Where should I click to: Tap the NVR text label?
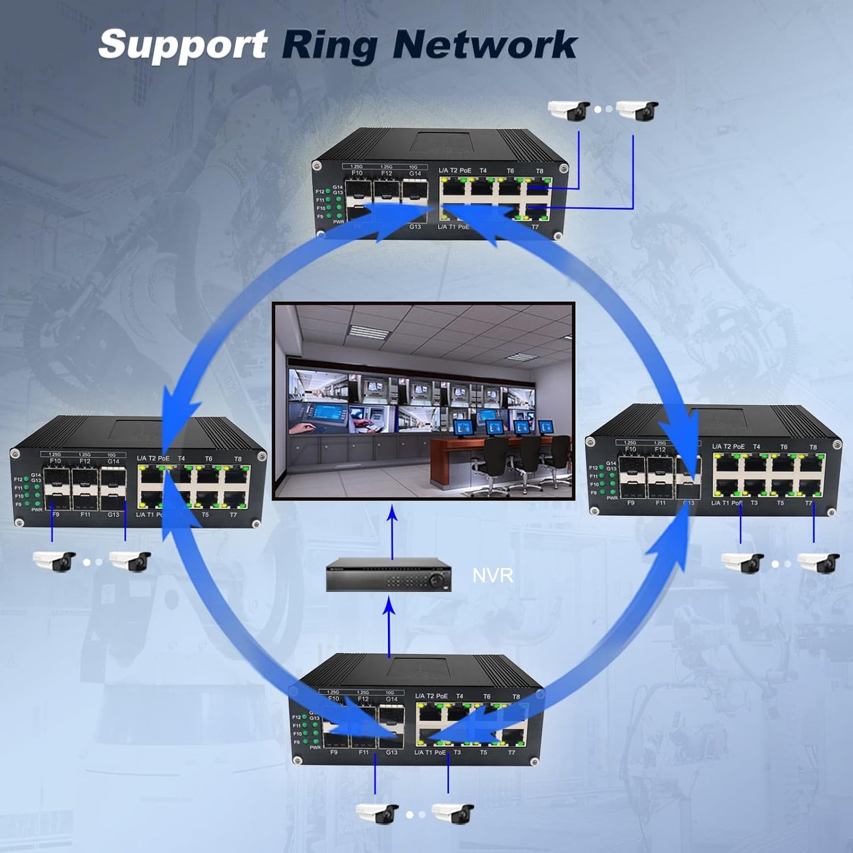pyautogui.click(x=492, y=576)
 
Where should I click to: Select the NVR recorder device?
pyautogui.click(x=388, y=574)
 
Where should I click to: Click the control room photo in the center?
pyautogui.click(x=423, y=401)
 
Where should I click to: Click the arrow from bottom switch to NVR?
pyautogui.click(x=389, y=626)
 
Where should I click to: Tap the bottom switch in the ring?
pyautogui.click(x=416, y=711)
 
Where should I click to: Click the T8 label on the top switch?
pyautogui.click(x=539, y=171)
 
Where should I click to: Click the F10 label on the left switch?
pyautogui.click(x=55, y=461)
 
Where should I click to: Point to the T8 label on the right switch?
pyautogui.click(x=813, y=447)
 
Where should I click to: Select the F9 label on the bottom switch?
pyautogui.click(x=334, y=753)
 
